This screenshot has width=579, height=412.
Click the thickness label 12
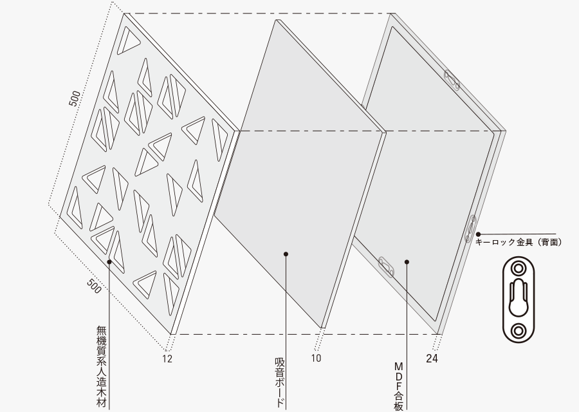coord(167,359)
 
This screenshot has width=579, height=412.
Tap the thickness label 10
coord(316,358)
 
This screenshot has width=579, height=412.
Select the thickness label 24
coord(432,359)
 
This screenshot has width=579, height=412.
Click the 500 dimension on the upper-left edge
coord(75,98)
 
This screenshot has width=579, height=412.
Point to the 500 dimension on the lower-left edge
coord(94,286)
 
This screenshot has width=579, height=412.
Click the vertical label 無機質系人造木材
coord(102,366)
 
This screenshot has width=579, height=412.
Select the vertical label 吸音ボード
coord(280,382)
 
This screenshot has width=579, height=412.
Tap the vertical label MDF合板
coord(398,386)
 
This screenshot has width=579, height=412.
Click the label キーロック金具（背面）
coord(519,243)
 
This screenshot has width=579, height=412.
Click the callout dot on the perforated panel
coord(109,261)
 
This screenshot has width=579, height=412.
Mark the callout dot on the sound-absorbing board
coord(286,254)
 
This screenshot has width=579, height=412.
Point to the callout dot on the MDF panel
coord(407,262)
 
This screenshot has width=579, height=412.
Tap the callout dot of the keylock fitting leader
coord(478,234)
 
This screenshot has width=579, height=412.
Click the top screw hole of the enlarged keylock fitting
coord(519,268)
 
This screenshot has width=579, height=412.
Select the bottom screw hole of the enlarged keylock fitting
coord(519,330)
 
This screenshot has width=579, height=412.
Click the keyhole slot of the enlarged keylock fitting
coord(519,298)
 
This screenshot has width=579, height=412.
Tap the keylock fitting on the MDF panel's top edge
coord(452,80)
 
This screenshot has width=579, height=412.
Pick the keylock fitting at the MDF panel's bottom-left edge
coord(386,267)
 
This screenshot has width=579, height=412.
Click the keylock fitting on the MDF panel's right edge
coord(471,229)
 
